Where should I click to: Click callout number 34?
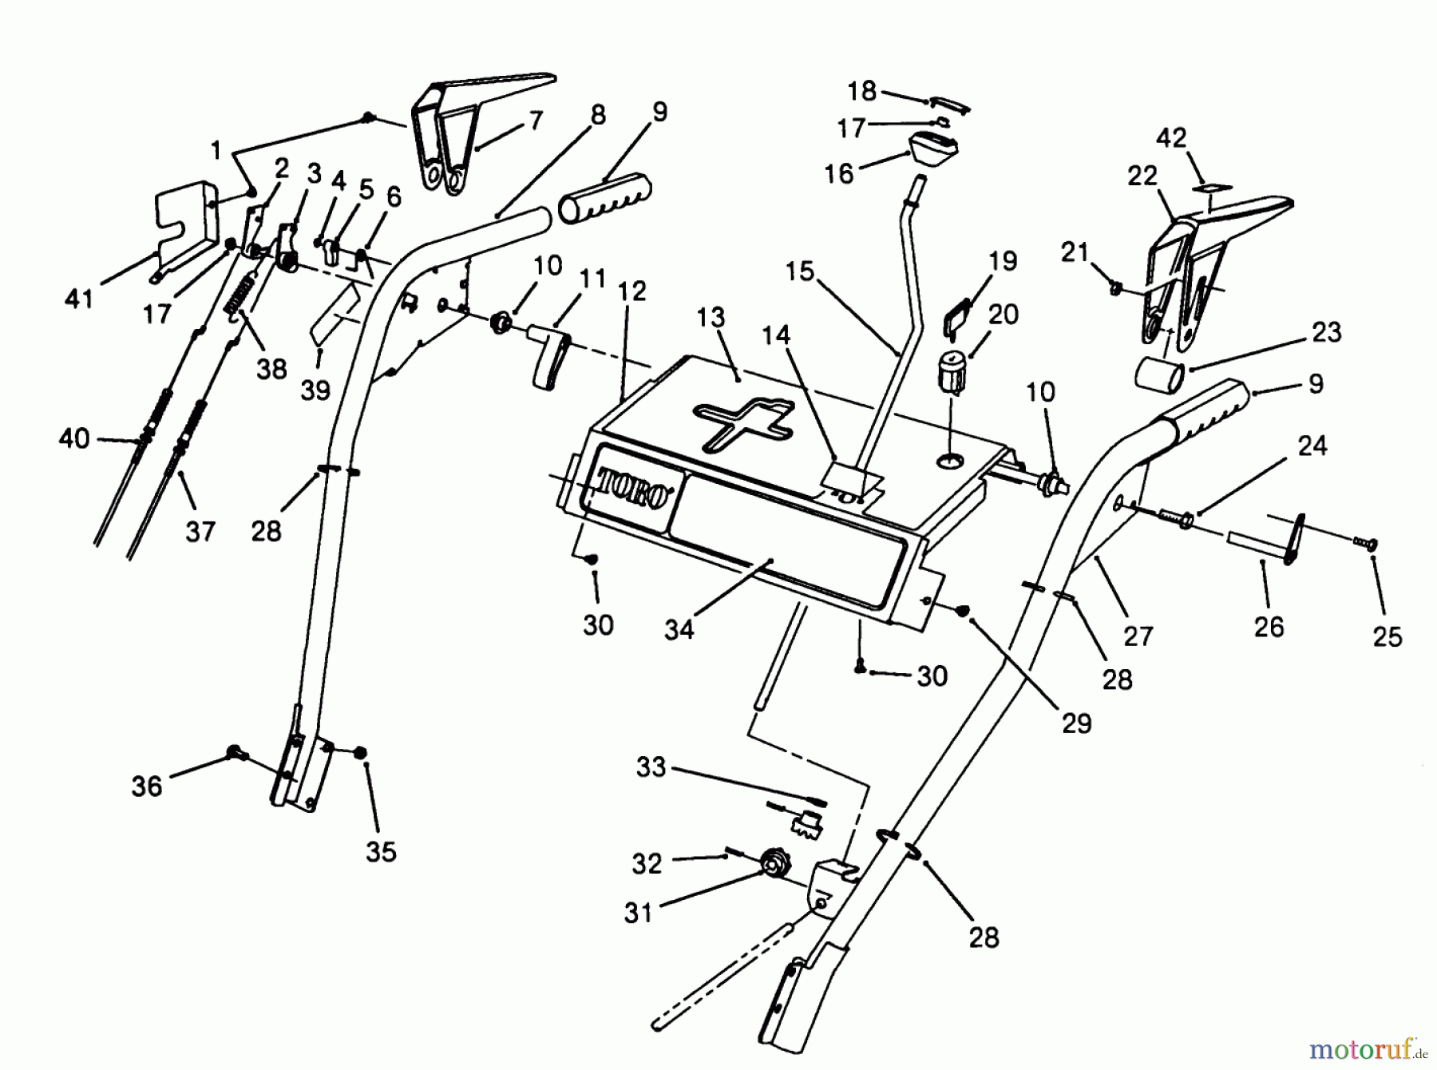click(x=679, y=629)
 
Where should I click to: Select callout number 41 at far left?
click(x=79, y=299)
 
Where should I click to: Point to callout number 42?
click(x=1172, y=137)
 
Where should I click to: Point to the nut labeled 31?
click(x=772, y=864)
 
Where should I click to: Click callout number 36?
click(x=147, y=786)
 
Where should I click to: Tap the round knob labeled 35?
click(x=360, y=752)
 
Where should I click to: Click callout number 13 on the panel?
click(x=711, y=317)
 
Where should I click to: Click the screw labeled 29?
click(x=963, y=610)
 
